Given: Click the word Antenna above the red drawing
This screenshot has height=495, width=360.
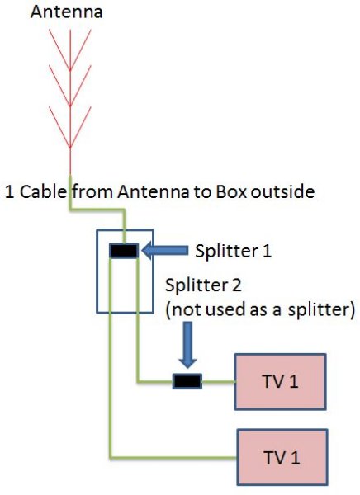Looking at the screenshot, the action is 66,12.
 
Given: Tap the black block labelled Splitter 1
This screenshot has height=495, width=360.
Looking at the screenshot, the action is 124,251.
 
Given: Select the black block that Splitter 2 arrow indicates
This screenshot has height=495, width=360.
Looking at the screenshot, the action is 187,381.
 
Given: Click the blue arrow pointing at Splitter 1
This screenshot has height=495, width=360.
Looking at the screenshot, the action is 164,251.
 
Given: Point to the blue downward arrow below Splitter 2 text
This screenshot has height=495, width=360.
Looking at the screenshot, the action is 187,345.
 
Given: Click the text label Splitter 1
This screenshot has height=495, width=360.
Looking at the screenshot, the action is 234,252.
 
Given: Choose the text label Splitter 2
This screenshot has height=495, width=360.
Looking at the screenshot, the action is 204,285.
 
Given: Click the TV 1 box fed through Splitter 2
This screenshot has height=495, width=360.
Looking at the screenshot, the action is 280,382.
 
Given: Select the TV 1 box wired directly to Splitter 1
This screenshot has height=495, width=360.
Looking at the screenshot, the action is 282,457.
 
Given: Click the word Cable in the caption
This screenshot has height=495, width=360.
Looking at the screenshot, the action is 44,191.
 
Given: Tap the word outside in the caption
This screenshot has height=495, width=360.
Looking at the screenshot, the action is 283,191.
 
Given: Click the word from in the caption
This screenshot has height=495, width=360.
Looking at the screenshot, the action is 92,191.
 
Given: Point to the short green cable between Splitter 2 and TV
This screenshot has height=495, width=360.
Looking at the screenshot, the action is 219,382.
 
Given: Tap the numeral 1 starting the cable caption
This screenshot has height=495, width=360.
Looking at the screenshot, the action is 10,192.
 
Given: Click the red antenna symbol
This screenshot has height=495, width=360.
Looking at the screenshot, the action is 70,101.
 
